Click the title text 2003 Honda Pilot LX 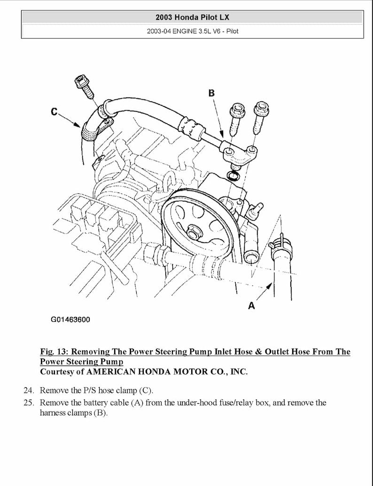coord(192,18)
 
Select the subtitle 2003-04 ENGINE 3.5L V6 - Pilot coord(192,32)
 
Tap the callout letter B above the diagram coord(211,93)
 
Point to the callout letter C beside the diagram coord(54,112)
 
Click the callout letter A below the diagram coord(252,305)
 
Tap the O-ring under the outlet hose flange coord(232,176)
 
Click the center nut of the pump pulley coord(192,231)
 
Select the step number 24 coord(28,390)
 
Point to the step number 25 coord(28,403)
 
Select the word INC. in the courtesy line coord(238,372)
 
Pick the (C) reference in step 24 coord(146,390)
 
